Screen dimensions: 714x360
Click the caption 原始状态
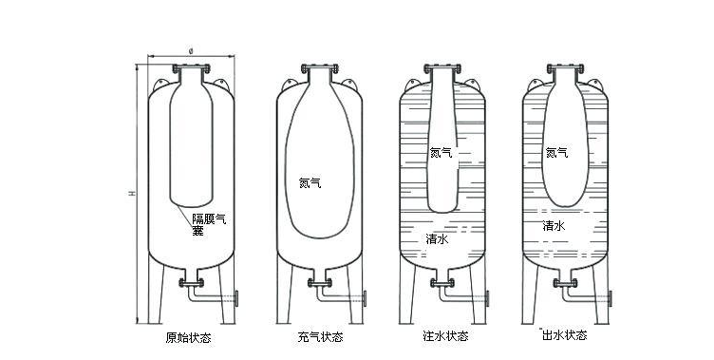pos(189,338)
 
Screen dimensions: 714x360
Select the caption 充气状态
pos(320,337)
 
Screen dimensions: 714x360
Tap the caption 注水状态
pos(445,336)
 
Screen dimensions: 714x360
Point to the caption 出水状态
pos(565,335)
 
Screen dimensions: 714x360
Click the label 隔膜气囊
pos(209,225)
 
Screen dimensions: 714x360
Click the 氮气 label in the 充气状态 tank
pos(310,183)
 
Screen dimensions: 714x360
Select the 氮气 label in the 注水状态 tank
pos(442,153)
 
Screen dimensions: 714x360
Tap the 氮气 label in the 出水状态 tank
pos(557,153)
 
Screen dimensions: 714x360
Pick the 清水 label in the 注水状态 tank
pos(437,238)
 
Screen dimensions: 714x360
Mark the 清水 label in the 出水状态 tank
pos(554,225)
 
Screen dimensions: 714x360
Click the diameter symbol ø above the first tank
pos(191,51)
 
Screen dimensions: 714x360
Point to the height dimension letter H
pos(132,194)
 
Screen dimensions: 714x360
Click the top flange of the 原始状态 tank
pos(191,68)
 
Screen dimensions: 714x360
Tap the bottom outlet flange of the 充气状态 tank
pos(320,282)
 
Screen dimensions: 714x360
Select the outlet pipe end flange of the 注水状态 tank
pos(487,298)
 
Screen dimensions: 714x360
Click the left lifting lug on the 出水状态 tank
pos(535,85)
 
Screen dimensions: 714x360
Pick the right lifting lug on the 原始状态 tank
pos(222,85)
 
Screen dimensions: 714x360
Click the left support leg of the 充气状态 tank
pos(284,291)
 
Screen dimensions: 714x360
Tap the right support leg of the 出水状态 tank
pos(601,291)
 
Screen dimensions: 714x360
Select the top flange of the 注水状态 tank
pos(442,68)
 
